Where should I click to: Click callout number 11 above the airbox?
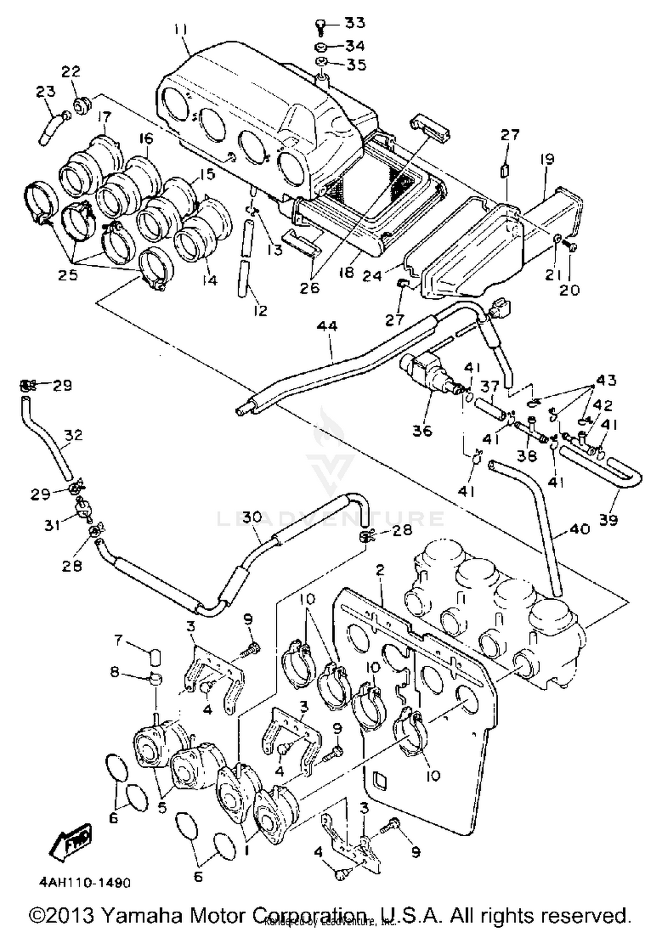click(x=180, y=30)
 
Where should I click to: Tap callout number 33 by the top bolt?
click(x=355, y=22)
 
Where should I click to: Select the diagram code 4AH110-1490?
click(x=84, y=883)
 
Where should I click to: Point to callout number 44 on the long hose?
click(x=327, y=327)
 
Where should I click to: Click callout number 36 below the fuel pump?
click(x=422, y=431)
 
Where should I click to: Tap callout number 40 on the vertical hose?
click(x=580, y=529)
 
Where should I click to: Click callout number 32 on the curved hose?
click(x=73, y=435)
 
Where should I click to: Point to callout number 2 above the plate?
click(x=380, y=570)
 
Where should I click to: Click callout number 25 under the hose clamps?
click(x=68, y=275)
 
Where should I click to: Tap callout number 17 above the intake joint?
click(x=104, y=117)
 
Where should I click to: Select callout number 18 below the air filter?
click(x=346, y=272)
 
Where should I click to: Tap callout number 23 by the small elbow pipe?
click(x=45, y=92)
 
